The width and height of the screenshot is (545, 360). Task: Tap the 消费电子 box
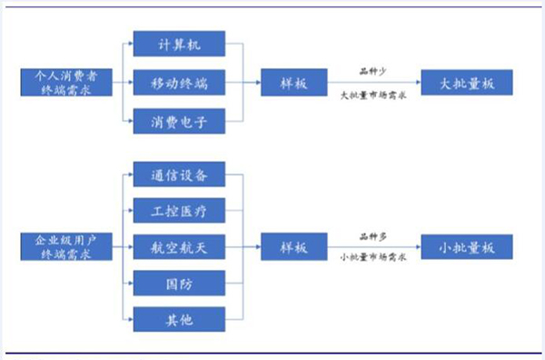coord(178,120)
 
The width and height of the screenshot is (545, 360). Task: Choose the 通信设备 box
coord(178,175)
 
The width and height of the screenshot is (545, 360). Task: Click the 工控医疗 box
coord(178,211)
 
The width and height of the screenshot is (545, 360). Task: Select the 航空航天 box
coord(178,246)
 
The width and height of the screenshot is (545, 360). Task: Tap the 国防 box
coord(178,283)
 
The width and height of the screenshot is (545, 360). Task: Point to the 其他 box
coord(178,319)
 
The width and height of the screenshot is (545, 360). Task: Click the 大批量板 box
coord(467,83)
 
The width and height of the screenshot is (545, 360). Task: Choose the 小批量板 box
coord(467,246)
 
